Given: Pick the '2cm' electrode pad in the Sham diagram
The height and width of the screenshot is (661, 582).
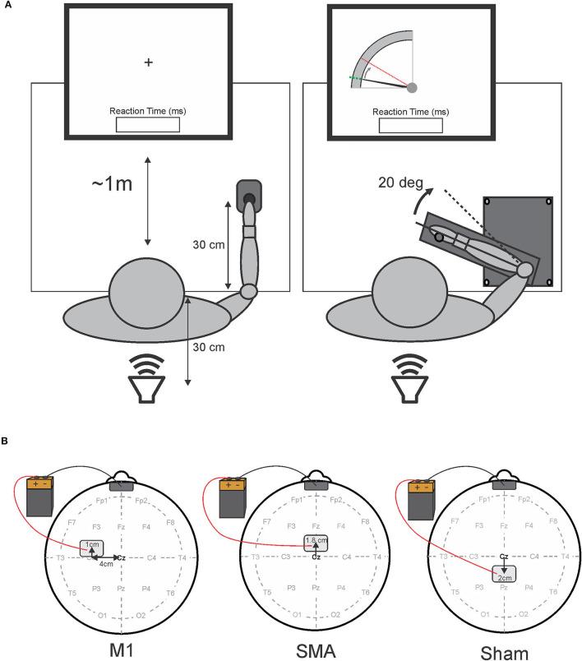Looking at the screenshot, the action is pyautogui.click(x=503, y=575).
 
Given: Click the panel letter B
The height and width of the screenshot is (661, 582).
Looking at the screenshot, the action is pyautogui.click(x=6, y=441).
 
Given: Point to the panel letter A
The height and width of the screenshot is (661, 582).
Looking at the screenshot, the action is pyautogui.click(x=6, y=6).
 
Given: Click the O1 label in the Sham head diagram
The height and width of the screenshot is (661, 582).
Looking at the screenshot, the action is pyautogui.click(x=486, y=615).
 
